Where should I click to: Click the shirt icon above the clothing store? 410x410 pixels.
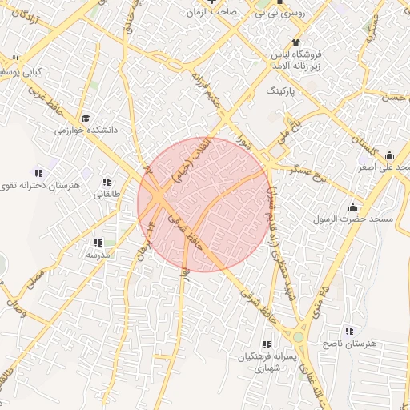point(297,42)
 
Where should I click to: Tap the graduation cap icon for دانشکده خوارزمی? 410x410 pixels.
point(82,117)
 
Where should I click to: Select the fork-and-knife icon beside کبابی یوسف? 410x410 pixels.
point(15,60)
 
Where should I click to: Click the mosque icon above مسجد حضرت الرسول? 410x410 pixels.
point(352,207)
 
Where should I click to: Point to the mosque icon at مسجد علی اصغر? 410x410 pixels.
point(389,155)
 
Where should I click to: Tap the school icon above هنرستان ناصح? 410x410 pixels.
point(348,330)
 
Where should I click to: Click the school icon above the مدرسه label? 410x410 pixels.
point(98,242)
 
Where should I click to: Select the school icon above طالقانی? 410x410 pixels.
point(107,182)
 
